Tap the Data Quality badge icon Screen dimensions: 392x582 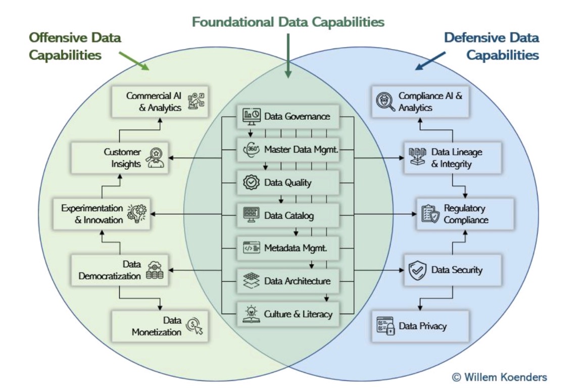(x=251, y=182)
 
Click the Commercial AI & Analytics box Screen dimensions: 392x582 (x=160, y=102)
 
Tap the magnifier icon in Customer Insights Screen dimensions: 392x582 (x=155, y=158)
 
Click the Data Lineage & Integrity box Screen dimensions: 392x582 (x=453, y=158)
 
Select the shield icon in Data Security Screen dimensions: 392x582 (x=417, y=270)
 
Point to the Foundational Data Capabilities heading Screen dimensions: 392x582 (x=288, y=22)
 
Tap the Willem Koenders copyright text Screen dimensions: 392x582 (x=499, y=377)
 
